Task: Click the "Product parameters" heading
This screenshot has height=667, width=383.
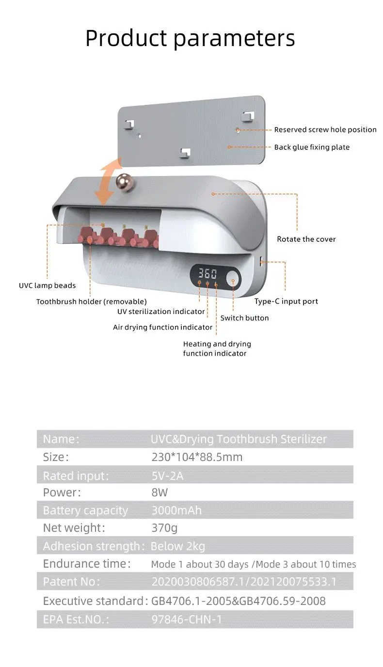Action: pyautogui.click(x=190, y=38)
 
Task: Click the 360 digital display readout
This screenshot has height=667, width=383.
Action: pyautogui.click(x=207, y=272)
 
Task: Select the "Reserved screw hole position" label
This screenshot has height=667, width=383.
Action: pyautogui.click(x=325, y=129)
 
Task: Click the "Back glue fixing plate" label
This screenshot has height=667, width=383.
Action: pyautogui.click(x=312, y=147)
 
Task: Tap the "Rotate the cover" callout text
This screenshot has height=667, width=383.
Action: pyautogui.click(x=306, y=239)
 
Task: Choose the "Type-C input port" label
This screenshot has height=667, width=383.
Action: pyautogui.click(x=286, y=301)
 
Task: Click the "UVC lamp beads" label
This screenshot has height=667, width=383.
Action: pyautogui.click(x=47, y=286)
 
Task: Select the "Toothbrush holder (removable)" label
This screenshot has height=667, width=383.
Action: pyautogui.click(x=91, y=302)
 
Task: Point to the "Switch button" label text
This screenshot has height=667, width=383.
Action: pyautogui.click(x=244, y=318)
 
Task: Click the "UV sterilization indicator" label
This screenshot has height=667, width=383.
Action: pyautogui.click(x=161, y=311)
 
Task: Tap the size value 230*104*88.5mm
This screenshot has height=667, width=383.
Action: pyautogui.click(x=197, y=457)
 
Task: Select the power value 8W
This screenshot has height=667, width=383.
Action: pyautogui.click(x=160, y=492)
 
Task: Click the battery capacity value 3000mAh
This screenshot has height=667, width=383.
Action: pyautogui.click(x=176, y=510)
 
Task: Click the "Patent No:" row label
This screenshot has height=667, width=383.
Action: pyautogui.click(x=71, y=582)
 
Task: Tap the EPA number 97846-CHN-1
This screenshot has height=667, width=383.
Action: pyautogui.click(x=187, y=619)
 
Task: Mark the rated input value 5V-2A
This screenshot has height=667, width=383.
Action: pyautogui.click(x=168, y=476)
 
